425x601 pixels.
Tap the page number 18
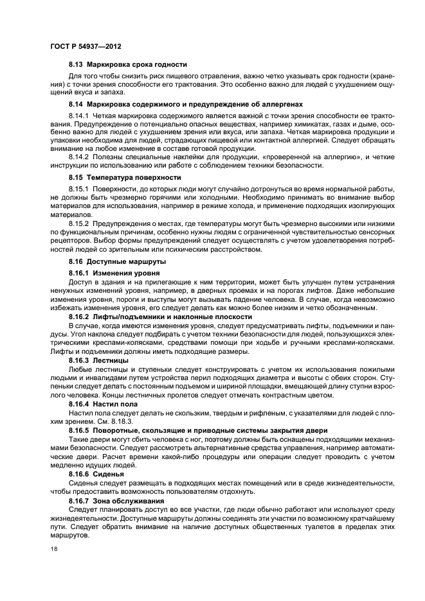tap(54, 549)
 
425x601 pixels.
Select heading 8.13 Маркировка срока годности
tap(128, 64)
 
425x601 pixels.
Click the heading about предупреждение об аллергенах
tap(177, 103)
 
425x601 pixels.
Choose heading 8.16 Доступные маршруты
tap(109, 262)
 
